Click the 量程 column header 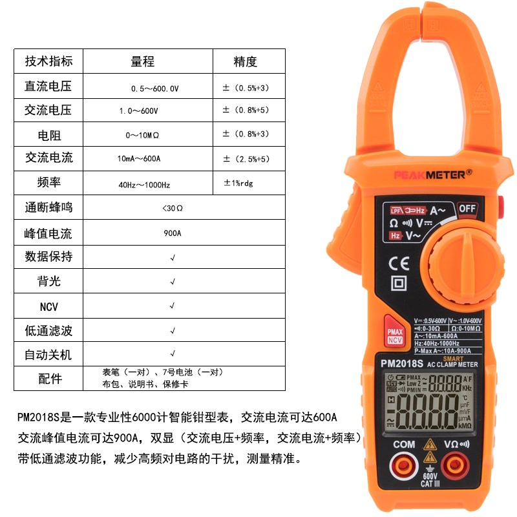143,62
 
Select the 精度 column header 246,62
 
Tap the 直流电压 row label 48,87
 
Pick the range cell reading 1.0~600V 138,111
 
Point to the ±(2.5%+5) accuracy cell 246,159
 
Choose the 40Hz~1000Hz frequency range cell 143,185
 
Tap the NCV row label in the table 48,306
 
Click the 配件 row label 48,379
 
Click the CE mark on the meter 398,264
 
